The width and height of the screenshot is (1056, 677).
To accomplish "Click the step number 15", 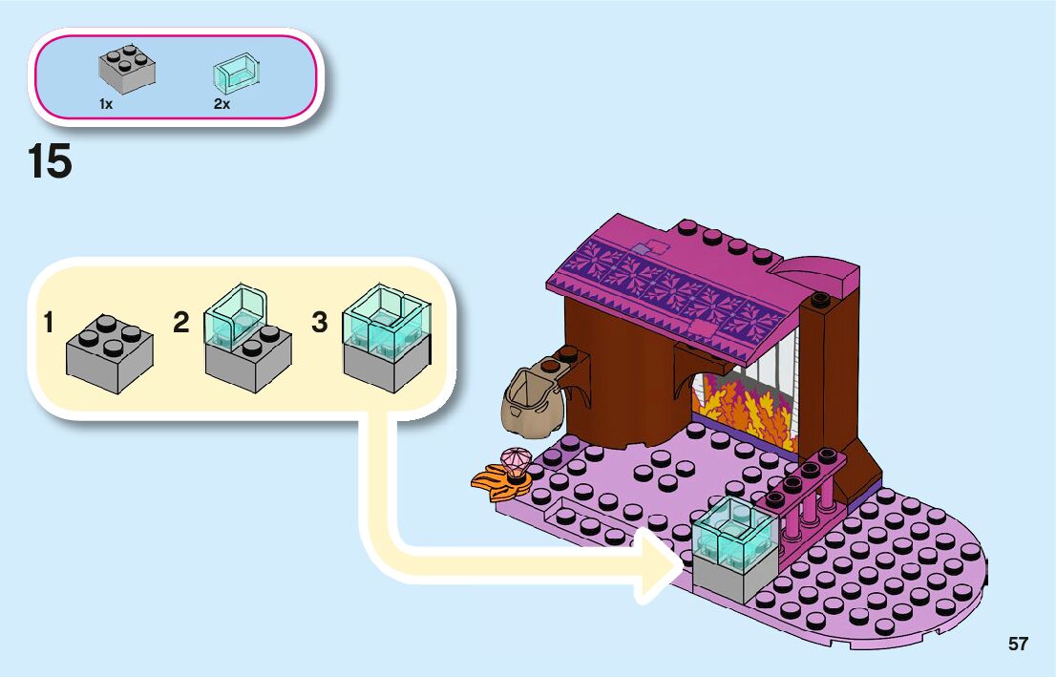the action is (50, 161).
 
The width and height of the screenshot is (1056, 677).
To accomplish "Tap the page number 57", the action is (1018, 644).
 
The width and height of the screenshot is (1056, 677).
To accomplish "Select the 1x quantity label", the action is (105, 104).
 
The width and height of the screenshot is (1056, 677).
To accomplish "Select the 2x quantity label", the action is (222, 104).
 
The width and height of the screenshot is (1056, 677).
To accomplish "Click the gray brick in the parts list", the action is (126, 69).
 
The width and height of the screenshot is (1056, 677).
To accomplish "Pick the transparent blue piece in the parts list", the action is (237, 71).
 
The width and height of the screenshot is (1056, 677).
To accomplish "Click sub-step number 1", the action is (49, 323).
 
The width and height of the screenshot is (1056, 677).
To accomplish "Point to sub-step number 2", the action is (181, 323).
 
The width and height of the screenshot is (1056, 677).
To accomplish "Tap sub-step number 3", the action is (320, 323).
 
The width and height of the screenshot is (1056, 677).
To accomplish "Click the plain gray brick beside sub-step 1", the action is (109, 356).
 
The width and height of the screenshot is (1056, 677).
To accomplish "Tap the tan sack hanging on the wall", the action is (530, 399).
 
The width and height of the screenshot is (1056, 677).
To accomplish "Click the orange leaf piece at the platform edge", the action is (498, 480).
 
